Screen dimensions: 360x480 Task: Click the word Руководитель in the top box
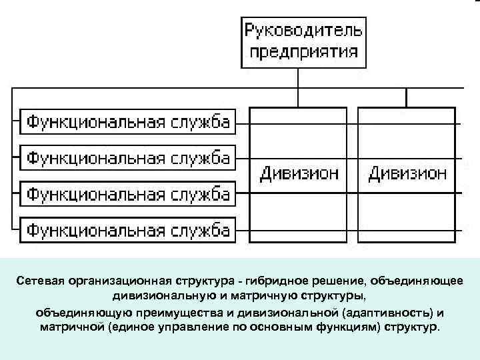303,31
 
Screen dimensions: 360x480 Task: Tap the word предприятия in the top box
303,52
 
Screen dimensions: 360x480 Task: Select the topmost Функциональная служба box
128,122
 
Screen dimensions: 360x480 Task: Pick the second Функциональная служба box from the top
128,158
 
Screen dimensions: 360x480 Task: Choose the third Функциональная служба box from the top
128,194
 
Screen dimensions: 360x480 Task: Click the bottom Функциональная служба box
128,230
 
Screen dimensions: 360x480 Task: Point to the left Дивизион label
299,174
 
